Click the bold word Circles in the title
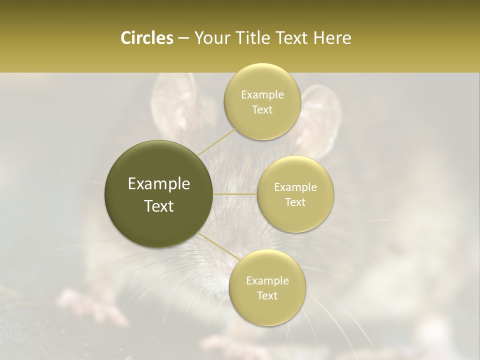pos(146,37)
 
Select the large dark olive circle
pos(159,194)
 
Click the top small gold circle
pos(262,101)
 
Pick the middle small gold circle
pos(295,194)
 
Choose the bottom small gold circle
pos(267,287)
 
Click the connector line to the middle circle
pos(235,194)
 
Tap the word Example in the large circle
pos(159,184)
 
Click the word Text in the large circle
pos(159,206)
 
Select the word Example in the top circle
pos(262,94)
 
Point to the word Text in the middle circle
pos(295,202)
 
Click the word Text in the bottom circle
pos(267,295)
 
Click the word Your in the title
pos(210,38)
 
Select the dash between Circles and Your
pos(183,38)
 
